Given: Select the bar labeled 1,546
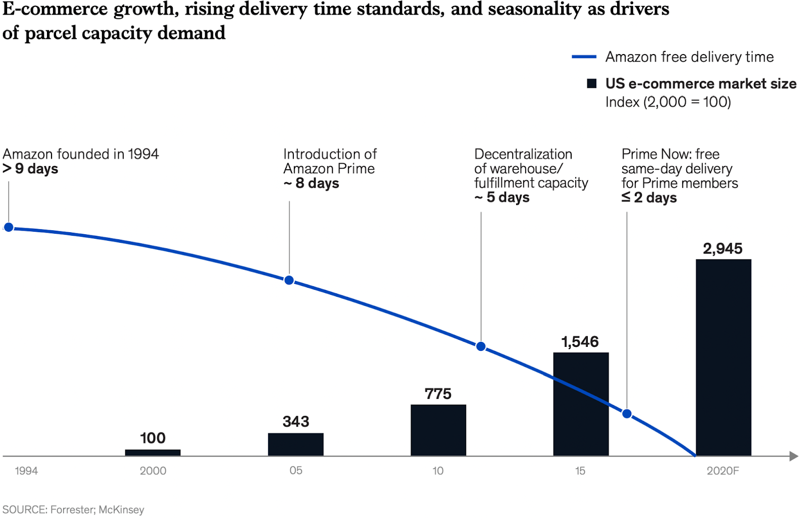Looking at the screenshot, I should tap(581, 404).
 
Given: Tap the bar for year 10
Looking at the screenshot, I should tap(438, 430).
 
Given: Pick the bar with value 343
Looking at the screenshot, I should tap(295, 444).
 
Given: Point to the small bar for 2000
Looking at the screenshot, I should tap(153, 452).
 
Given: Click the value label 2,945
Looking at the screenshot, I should tap(723, 248).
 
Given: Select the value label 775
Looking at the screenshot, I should tap(438, 394).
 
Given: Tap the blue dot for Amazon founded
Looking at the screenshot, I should tap(9, 227).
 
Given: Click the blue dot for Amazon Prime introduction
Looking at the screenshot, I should tap(289, 280).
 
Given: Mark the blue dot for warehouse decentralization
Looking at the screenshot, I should tap(481, 346).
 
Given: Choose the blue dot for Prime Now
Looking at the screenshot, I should tap(627, 414).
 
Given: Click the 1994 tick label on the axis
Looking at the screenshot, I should tap(26, 471).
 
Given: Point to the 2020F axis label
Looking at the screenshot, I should tap(723, 471).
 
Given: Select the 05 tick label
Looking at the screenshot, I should tap(296, 471).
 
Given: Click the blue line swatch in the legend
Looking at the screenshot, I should tap(584, 57).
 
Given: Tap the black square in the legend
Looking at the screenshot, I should tap(592, 83).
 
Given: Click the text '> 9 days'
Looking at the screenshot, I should tap(30, 169).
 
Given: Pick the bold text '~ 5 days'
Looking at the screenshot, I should tap(502, 197).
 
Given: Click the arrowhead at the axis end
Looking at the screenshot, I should tap(794, 456).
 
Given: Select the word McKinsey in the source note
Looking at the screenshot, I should tap(121, 510).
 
